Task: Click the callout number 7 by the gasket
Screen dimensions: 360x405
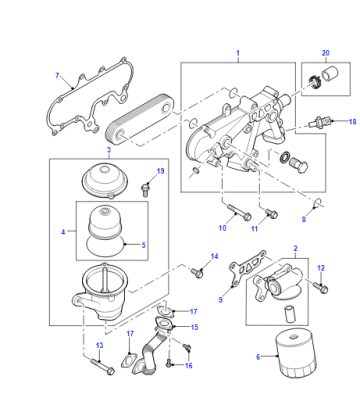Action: [57, 76]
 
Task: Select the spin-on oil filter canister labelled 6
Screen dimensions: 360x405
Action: [295, 353]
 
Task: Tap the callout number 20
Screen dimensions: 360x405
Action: [326, 53]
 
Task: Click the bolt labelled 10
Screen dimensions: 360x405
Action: [239, 212]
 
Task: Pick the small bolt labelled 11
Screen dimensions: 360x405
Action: [271, 213]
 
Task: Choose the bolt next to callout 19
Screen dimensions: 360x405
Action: [145, 190]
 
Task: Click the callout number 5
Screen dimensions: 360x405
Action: [144, 245]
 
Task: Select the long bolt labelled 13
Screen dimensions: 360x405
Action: [102, 366]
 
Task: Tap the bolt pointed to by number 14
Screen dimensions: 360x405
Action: [197, 272]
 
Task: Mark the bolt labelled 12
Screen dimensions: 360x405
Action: [321, 287]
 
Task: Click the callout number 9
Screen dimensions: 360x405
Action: [220, 300]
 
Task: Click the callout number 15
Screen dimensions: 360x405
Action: [194, 327]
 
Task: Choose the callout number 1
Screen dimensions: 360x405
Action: [238, 53]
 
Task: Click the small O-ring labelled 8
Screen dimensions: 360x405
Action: [318, 202]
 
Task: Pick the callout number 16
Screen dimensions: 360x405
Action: [189, 366]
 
